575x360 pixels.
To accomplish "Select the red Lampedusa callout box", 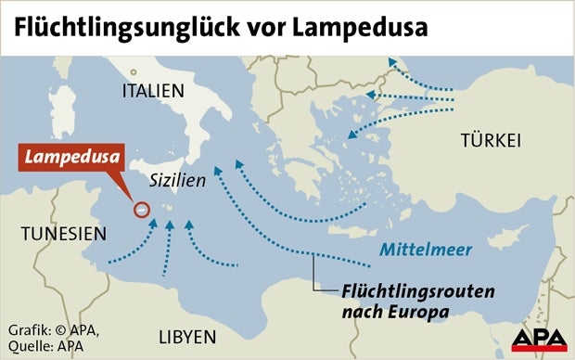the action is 73,156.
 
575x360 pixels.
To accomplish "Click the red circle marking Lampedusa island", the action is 142,210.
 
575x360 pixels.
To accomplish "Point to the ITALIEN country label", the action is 153,91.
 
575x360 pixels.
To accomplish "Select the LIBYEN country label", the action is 186,335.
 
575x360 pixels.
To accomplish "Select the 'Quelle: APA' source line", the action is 46,345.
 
